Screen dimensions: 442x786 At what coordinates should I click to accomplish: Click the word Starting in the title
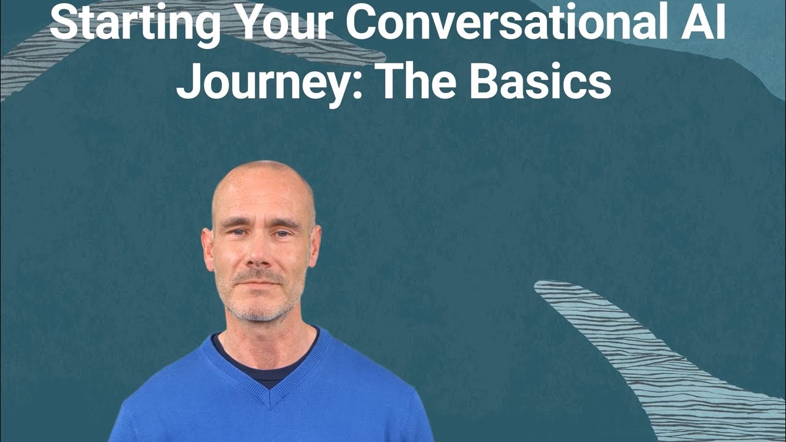click(x=135, y=23)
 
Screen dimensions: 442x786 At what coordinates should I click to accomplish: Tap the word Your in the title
click(x=282, y=23)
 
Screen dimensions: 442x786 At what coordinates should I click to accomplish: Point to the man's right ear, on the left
click(x=208, y=247)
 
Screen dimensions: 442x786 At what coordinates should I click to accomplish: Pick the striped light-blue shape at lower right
click(x=651, y=350)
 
